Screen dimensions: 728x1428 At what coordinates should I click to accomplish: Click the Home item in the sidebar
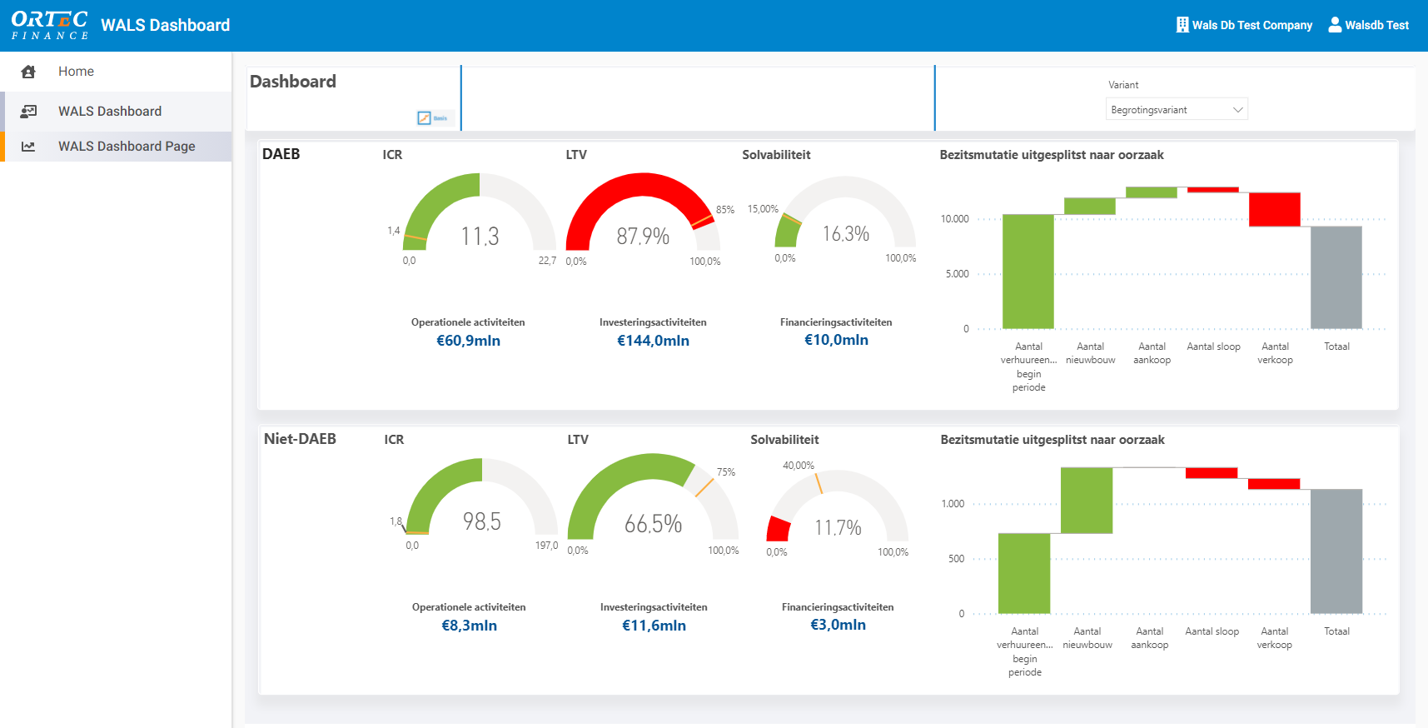click(76, 72)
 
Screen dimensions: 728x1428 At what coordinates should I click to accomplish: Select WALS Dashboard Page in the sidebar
click(127, 147)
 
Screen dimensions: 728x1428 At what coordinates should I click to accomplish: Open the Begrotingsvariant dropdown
click(1176, 110)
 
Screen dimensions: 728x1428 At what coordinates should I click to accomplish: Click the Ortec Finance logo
click(50, 25)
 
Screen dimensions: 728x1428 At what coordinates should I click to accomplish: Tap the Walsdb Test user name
click(1376, 25)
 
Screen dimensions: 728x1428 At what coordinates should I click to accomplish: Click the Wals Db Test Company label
click(1251, 25)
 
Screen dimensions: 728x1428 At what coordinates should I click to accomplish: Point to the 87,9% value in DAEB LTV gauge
click(643, 237)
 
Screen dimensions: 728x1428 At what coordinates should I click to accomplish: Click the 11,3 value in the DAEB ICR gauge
click(480, 237)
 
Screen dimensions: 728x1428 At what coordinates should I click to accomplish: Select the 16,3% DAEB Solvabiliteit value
click(846, 234)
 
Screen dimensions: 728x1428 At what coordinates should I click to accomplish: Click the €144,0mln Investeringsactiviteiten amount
click(653, 341)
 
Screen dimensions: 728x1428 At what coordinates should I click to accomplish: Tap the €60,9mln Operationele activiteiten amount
click(468, 341)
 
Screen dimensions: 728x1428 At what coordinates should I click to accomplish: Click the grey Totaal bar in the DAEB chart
click(1336, 277)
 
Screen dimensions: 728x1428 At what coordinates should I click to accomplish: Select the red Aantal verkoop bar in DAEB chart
click(1274, 209)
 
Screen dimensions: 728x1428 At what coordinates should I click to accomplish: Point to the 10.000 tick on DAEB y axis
click(955, 219)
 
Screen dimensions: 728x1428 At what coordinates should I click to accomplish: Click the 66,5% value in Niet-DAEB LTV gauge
click(653, 524)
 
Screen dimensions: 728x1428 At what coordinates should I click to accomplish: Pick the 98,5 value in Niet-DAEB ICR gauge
click(482, 521)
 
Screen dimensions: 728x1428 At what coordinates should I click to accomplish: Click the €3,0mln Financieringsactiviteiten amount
click(838, 625)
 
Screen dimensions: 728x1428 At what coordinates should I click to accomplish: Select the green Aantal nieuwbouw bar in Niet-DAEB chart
click(1087, 500)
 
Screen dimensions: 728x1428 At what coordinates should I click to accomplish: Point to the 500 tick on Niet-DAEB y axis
click(956, 559)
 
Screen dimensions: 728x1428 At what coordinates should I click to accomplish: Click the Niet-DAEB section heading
click(300, 439)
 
